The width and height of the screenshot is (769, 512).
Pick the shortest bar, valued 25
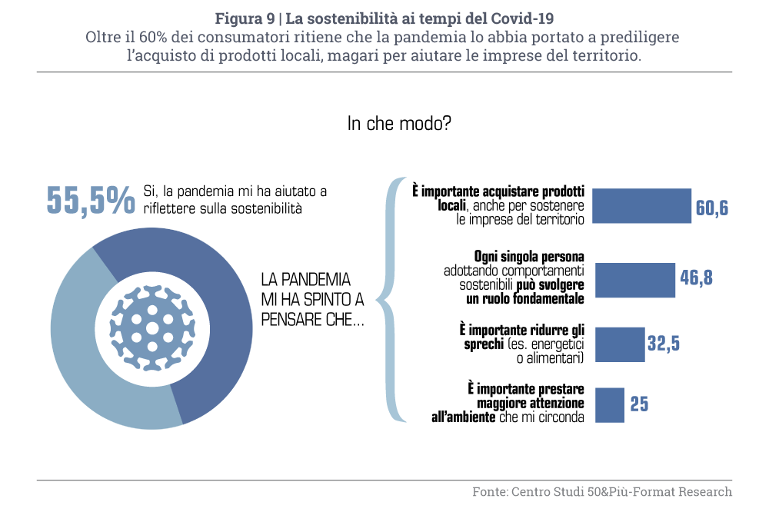pyautogui.click(x=610, y=404)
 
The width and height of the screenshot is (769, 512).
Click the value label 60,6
pyautogui.click(x=712, y=208)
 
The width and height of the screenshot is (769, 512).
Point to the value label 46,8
pyautogui.click(x=696, y=278)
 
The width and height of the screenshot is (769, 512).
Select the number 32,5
pyautogui.click(x=664, y=344)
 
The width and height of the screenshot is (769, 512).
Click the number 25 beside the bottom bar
pyautogui.click(x=639, y=404)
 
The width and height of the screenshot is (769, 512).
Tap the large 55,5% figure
pyautogui.click(x=91, y=200)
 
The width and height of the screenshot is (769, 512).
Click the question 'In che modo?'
pyautogui.click(x=399, y=124)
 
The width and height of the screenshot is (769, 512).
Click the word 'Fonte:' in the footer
pyautogui.click(x=489, y=491)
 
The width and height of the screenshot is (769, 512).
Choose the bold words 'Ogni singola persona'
pyautogui.click(x=529, y=257)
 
